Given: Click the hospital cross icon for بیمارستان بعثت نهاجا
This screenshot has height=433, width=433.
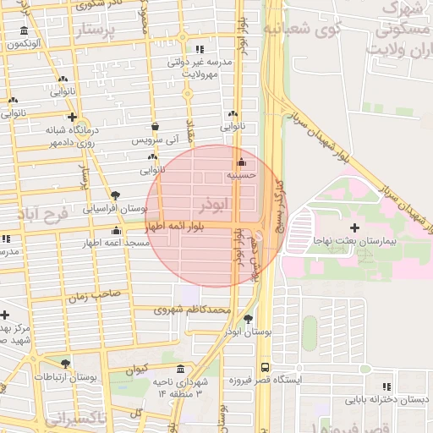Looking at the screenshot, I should pos(354,227).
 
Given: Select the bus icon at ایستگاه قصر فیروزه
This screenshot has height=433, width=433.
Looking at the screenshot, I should pos(266,368).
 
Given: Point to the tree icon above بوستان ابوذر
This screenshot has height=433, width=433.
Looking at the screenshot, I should pos(248,319).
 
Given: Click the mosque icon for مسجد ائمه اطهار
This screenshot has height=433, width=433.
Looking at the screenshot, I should pos(116,231).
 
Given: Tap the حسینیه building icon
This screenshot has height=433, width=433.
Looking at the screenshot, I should pos(242,162).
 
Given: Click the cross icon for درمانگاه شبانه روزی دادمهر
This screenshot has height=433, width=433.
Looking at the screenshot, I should pos(73,118).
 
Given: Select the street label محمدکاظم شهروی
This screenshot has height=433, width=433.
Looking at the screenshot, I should pos(192,310).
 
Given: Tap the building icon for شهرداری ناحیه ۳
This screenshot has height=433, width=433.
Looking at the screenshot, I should pos(181,369).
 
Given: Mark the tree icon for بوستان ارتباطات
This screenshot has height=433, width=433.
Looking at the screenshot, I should pos(65,364).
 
